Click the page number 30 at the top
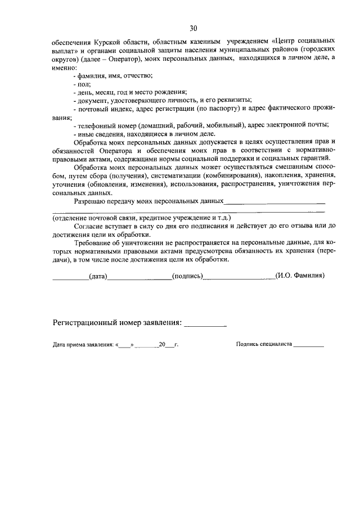click(193, 28)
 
